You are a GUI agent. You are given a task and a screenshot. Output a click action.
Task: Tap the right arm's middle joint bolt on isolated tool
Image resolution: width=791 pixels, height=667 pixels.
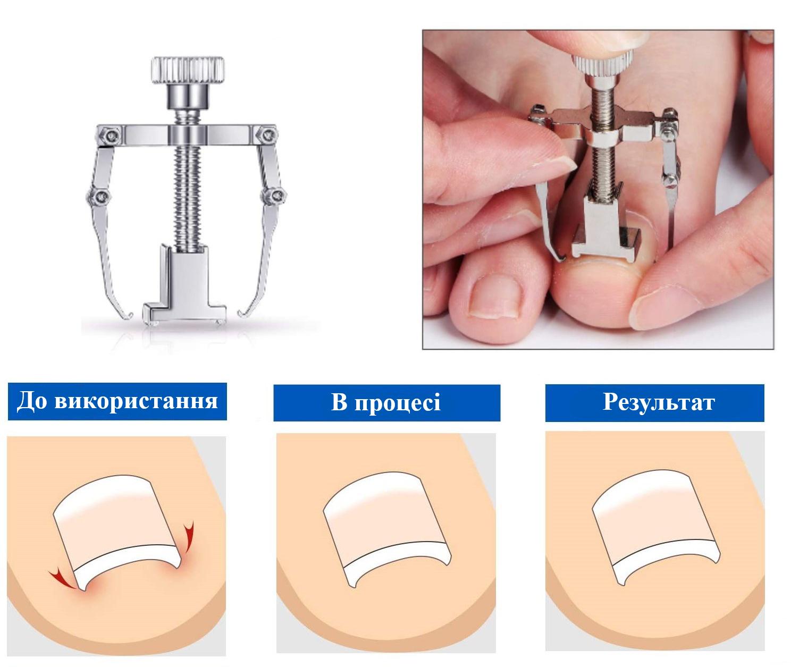pos(275,197)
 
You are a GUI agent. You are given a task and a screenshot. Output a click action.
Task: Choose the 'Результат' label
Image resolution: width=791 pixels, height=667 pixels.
pos(658,402)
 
